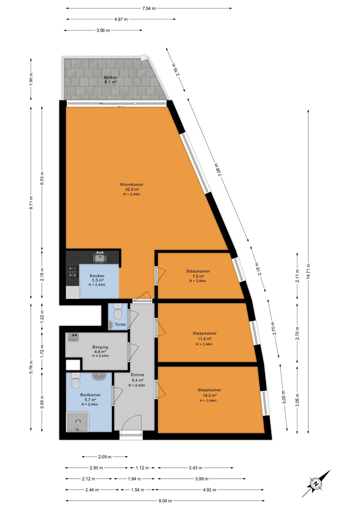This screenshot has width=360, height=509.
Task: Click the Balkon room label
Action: point(111,77)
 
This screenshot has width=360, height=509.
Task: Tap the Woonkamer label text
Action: point(132,185)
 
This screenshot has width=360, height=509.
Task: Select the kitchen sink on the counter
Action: point(100,257)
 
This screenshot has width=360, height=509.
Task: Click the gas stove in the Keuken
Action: point(73,272)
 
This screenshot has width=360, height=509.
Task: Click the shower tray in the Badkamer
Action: point(77,422)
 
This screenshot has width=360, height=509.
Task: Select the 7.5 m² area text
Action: point(198,276)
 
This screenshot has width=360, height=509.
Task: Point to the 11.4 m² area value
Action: point(204,339)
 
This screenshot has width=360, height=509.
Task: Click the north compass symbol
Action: point(316,483)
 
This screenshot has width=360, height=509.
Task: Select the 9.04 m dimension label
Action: point(165,501)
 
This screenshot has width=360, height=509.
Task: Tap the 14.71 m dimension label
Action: point(308,271)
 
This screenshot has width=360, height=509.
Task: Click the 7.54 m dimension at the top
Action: point(149,8)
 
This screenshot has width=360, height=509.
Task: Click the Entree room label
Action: point(138,375)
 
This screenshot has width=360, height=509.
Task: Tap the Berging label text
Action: point(100,347)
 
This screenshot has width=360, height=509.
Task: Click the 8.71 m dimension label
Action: point(31,203)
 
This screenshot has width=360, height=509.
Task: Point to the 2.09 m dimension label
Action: point(105,457)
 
